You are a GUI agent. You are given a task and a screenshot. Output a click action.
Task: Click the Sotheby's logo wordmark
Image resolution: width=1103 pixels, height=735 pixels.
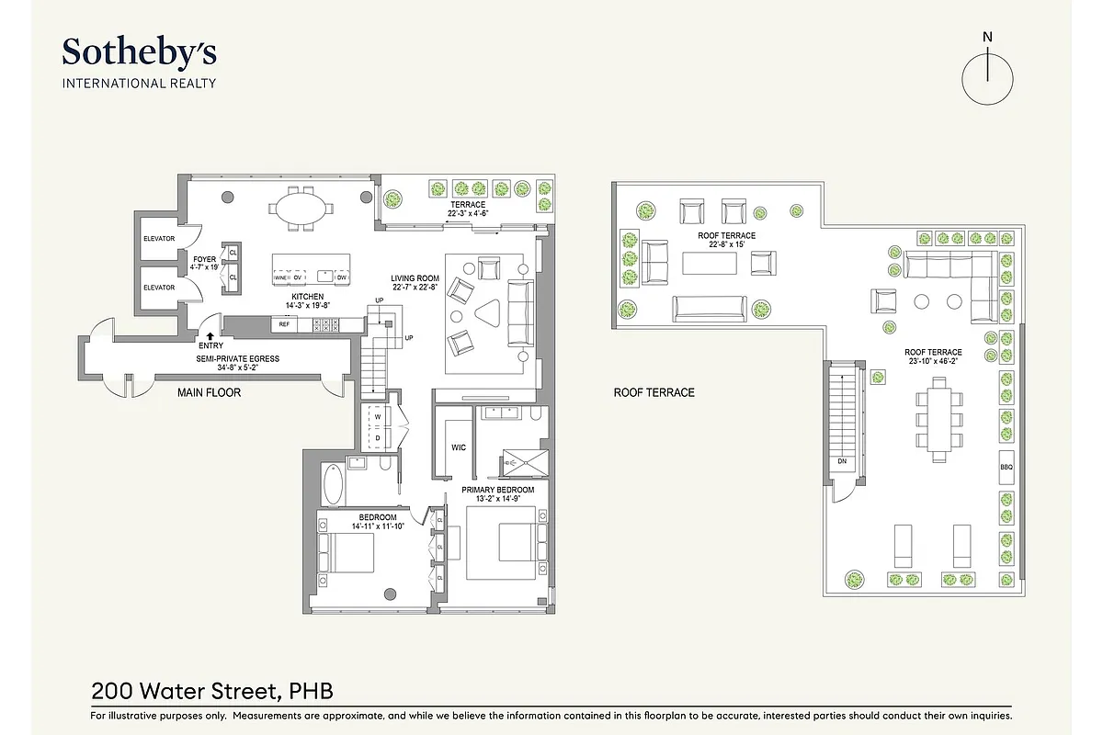coord(139,52)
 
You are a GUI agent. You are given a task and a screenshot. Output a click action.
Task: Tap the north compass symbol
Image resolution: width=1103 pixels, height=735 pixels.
coord(987,77)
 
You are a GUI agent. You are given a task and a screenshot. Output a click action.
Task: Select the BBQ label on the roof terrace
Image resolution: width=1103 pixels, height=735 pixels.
coord(1006,467)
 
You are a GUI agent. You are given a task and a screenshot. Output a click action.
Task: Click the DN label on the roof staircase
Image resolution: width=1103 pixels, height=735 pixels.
coord(841,461)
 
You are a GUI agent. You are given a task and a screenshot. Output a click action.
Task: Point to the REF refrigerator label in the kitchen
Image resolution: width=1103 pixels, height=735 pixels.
coord(284,324)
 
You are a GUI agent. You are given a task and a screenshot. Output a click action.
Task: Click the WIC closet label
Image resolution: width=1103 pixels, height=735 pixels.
coord(458,447)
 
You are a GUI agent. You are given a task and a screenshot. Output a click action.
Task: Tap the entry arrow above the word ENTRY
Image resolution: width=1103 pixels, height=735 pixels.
coord(210,336)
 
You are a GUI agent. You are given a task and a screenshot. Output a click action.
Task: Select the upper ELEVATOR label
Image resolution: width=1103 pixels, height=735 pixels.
coord(158,239)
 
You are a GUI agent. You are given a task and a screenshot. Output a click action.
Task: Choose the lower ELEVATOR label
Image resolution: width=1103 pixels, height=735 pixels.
coord(158,288)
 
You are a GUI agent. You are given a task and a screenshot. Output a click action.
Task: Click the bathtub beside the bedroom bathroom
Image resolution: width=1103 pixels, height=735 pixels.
coord(332,485)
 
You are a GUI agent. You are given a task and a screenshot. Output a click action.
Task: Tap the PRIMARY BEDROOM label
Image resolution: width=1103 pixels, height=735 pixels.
coord(497,490)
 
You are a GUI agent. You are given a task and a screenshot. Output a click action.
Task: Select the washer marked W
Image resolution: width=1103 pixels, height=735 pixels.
coord(378,416)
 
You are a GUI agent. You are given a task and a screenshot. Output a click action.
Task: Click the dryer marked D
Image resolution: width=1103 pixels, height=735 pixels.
coord(378,437)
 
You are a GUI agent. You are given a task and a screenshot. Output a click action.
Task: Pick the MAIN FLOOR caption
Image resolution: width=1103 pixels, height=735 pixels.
coord(209,392)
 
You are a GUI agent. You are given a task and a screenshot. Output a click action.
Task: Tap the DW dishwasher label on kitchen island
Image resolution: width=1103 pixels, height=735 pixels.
coord(341,277)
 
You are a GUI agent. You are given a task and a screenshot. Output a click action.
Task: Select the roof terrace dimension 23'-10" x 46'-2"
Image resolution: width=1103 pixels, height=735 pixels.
coord(932,362)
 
